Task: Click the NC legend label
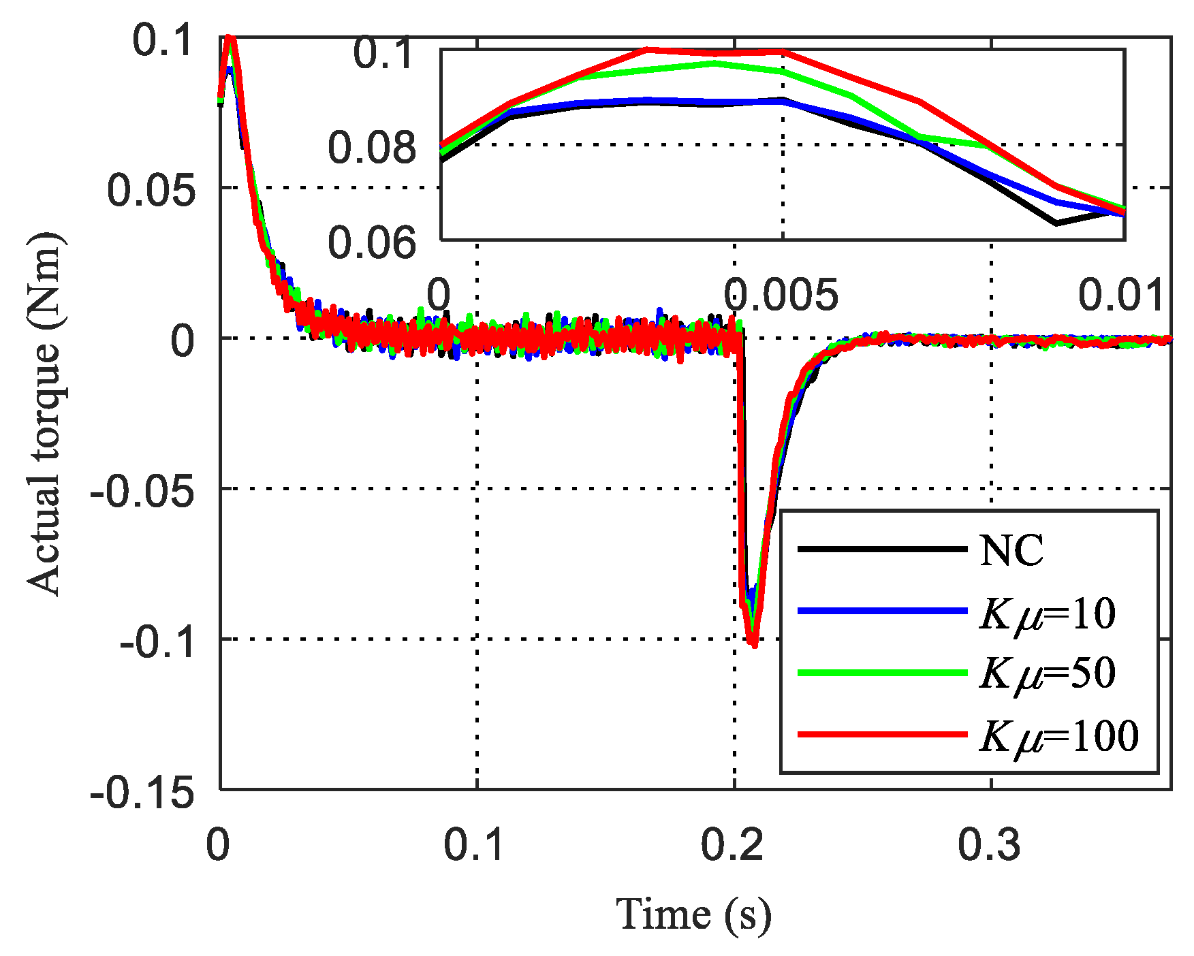point(1011,550)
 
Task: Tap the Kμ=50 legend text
point(1047,673)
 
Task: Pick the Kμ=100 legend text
point(1058,735)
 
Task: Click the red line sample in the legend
point(882,734)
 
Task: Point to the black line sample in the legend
point(882,549)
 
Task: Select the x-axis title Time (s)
point(693,914)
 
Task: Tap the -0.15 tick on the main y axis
point(142,792)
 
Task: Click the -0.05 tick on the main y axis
point(142,490)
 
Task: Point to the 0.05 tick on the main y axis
point(151,189)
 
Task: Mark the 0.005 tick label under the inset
point(781,295)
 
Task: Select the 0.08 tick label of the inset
point(371,147)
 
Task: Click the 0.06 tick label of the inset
point(371,242)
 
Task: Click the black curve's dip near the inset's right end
point(1056,223)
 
